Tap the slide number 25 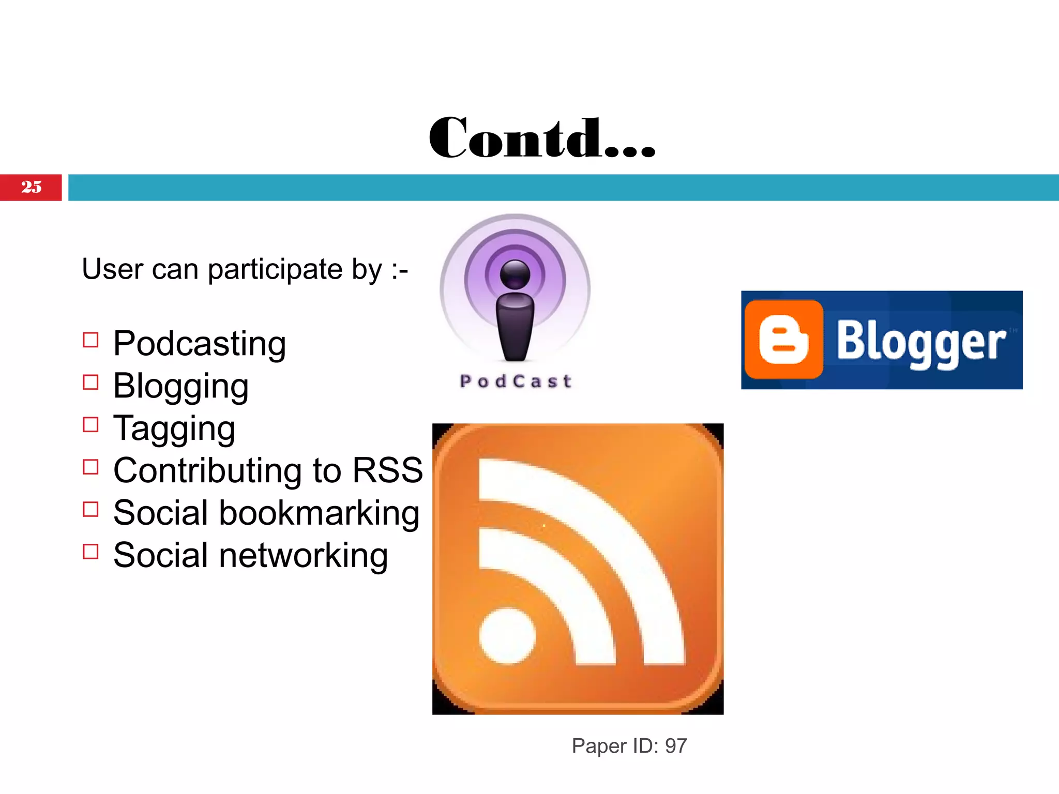coord(31,187)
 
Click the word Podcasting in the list coord(200,344)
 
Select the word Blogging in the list coord(181,386)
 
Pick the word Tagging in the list coord(174,429)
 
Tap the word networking coord(304,555)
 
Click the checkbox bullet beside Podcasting coord(90,340)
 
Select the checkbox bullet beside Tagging coord(90,425)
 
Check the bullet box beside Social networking coord(90,552)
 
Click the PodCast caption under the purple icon coord(516,381)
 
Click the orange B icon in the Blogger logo coord(783,340)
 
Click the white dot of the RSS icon coord(507,636)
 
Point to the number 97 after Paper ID coord(676,746)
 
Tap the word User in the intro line coord(112,269)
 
